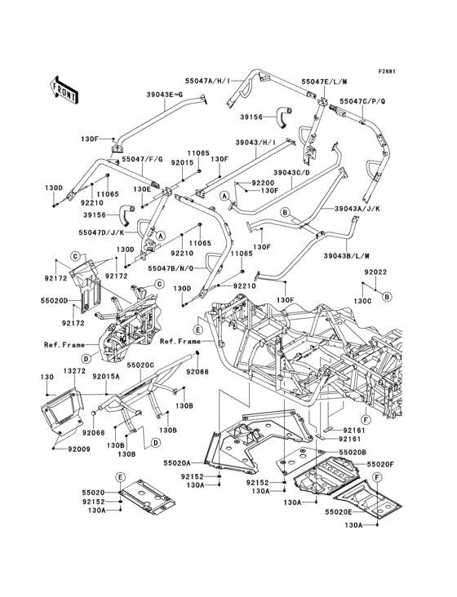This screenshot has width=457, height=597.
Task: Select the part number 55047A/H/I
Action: [208, 82]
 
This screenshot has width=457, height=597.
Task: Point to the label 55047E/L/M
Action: [324, 82]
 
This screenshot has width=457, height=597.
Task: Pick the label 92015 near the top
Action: [181, 162]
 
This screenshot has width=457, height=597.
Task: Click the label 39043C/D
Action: [291, 172]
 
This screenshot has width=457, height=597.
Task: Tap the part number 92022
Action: [375, 272]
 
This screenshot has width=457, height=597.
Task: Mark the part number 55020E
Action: [338, 511]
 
